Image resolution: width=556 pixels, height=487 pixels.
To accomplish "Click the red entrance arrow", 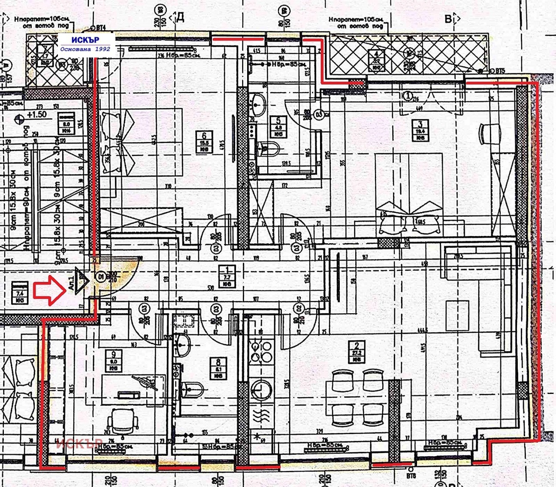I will [49, 290].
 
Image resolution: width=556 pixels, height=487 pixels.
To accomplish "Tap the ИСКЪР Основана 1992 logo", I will [86, 44].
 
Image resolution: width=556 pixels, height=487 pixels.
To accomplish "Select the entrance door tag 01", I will [101, 275].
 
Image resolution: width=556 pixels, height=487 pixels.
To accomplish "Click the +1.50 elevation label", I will [36, 115].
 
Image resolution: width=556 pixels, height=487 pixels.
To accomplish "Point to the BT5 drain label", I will [500, 70].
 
